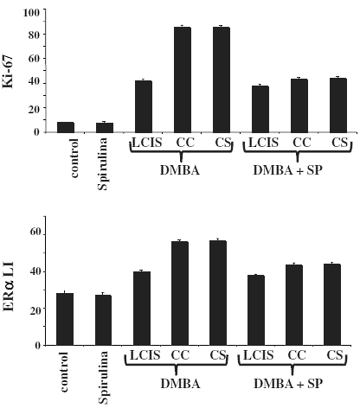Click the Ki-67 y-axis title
point(12,73)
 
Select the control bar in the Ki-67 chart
point(66,127)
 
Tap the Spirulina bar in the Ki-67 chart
point(104,127)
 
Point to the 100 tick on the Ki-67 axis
point(33,13)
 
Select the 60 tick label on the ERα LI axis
point(35,233)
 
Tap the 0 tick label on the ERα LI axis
point(38,345)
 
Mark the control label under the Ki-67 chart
point(66,159)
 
